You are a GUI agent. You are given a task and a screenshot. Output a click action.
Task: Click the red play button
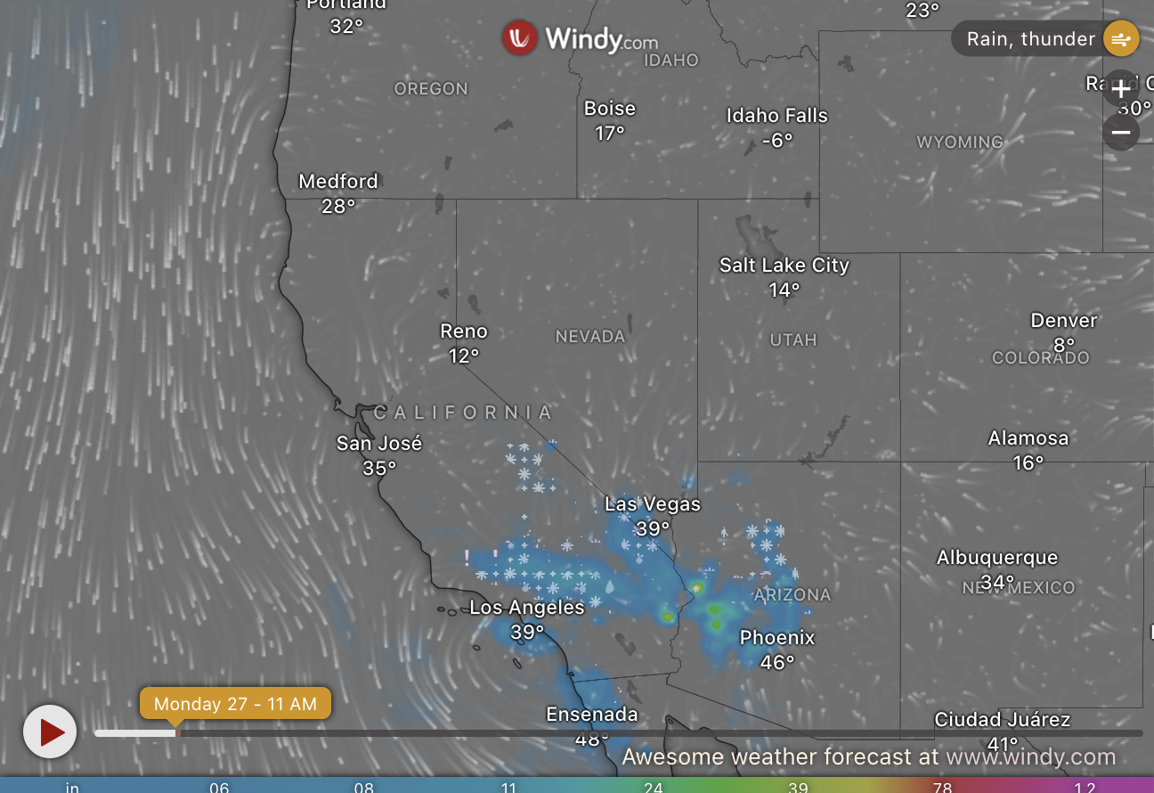[x=50, y=732]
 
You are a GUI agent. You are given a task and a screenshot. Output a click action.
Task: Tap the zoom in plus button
[x=1120, y=89]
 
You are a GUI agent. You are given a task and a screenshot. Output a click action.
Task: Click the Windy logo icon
[x=519, y=38]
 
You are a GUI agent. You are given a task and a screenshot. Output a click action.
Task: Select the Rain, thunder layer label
[x=1030, y=39]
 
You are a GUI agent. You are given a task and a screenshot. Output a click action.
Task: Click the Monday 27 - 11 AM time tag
[x=235, y=704]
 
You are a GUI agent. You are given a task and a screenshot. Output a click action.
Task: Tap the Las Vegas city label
[x=653, y=504]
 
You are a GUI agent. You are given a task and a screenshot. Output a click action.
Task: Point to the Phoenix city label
[x=777, y=638]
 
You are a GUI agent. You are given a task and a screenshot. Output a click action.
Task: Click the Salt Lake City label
[x=784, y=266]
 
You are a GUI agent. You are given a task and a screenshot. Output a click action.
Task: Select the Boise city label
[x=610, y=109]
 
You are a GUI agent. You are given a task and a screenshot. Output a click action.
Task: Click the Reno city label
[x=464, y=331]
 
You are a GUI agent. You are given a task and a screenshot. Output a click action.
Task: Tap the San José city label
[x=379, y=444]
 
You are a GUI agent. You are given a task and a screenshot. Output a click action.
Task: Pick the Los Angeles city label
[x=527, y=608]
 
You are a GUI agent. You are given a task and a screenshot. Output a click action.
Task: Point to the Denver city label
[x=1063, y=321]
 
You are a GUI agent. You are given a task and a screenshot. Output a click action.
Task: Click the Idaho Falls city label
[x=777, y=116]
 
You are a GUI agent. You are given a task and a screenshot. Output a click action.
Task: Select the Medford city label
[x=338, y=182]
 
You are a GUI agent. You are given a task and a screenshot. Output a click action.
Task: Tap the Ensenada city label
[x=592, y=715]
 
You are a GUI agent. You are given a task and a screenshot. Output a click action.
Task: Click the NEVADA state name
[x=590, y=337]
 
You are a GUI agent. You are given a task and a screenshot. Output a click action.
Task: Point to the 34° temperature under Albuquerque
[x=997, y=583]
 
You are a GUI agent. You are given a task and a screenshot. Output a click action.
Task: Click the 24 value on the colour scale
[x=654, y=787]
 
